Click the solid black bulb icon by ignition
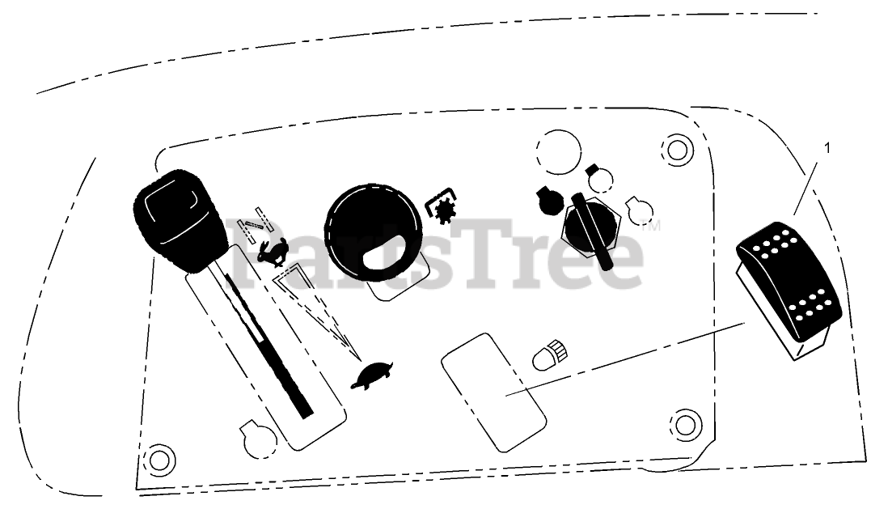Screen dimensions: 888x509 547,199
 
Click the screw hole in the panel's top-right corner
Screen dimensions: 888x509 676,148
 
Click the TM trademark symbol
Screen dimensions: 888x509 651,227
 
